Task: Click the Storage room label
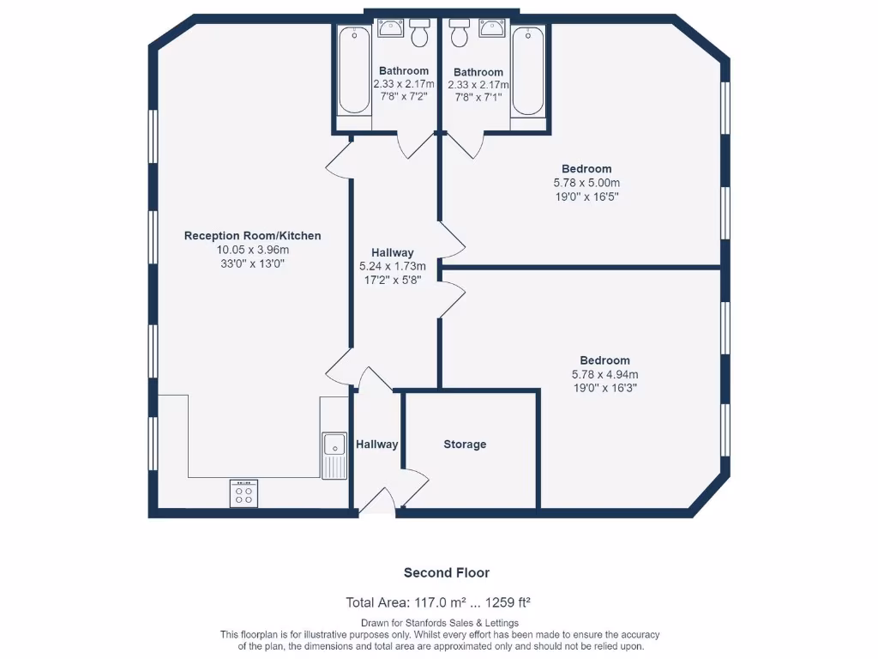pos(465,444)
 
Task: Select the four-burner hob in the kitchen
pos(244,493)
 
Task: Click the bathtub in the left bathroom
pos(354,70)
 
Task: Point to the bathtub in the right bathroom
pos(528,71)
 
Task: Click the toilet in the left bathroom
pos(419,33)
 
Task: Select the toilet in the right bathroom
pos(460,33)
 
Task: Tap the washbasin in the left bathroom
pos(390,27)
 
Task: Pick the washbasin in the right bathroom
pos(492,27)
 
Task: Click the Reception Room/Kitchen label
pos(253,236)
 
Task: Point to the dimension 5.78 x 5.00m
pos(586,183)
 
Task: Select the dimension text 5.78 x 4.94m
pos(604,374)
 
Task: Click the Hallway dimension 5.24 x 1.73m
pos(393,266)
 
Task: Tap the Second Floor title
pos(447,572)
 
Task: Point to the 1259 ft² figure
pos(508,602)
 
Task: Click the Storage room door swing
pos(416,487)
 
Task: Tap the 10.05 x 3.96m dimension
pos(253,250)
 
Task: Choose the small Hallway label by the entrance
pos(377,444)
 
